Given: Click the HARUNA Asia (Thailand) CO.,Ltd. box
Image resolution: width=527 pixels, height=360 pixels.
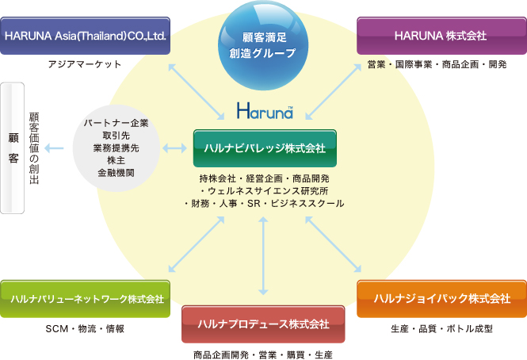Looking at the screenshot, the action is (x=85, y=36).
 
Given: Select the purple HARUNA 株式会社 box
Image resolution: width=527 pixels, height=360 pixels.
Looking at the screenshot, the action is (x=441, y=36).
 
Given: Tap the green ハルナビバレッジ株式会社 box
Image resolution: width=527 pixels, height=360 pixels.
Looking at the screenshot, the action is (x=265, y=148).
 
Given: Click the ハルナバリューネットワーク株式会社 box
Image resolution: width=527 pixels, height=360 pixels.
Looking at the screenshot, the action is (x=85, y=299).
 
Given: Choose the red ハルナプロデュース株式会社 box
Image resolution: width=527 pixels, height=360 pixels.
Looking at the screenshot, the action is (x=263, y=324).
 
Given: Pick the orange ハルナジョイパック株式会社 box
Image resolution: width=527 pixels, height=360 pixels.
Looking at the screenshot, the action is (x=441, y=299).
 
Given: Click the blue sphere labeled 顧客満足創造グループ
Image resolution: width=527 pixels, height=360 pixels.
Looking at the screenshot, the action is (x=263, y=45).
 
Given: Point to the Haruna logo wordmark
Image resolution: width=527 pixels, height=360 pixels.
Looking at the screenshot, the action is (x=265, y=110).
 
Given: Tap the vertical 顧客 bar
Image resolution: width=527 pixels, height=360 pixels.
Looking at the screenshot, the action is (x=12, y=148).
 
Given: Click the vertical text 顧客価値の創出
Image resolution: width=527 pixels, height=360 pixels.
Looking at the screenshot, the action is (x=34, y=148).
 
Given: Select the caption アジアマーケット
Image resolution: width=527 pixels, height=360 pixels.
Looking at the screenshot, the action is (x=84, y=64).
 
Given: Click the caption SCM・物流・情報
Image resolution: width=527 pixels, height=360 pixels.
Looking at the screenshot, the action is (x=85, y=328).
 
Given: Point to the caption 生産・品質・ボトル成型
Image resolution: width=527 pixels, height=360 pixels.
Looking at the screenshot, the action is (x=441, y=328).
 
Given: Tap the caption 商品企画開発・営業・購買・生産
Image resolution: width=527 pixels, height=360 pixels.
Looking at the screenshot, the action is (x=263, y=354).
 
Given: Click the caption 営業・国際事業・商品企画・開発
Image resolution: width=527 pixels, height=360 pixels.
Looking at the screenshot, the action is (x=437, y=64).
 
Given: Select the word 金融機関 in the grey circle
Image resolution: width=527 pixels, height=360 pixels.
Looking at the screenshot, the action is (x=116, y=173).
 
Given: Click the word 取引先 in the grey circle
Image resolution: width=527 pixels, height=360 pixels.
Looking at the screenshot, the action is (x=116, y=136).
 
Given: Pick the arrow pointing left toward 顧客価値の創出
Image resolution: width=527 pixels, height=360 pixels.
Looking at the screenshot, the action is (x=54, y=147).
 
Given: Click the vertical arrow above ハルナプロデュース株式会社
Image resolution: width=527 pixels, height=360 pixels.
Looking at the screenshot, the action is (x=263, y=255).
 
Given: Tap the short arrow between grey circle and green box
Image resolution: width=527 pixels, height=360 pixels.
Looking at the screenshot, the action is (x=175, y=147).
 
